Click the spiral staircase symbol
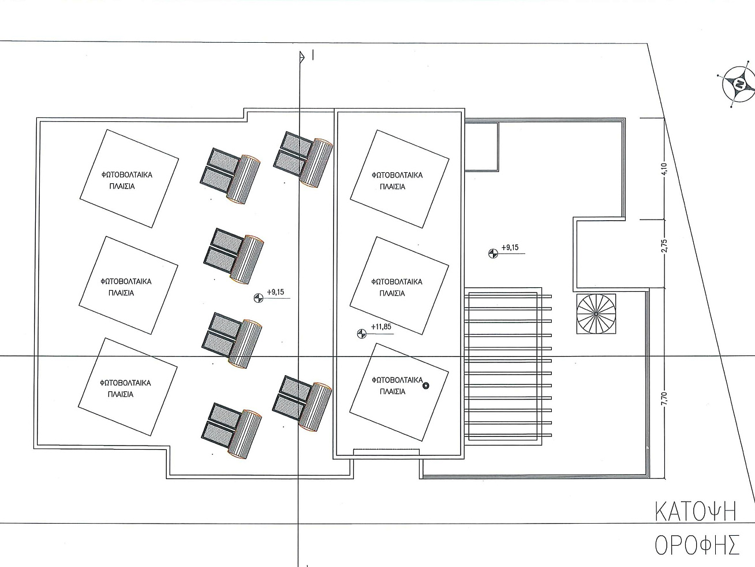tap(596, 314)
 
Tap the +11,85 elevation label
tap(381, 327)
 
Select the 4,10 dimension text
tap(664, 169)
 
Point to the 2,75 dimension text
tap(664, 246)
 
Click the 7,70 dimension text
tap(664, 399)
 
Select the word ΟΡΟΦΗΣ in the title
tap(697, 544)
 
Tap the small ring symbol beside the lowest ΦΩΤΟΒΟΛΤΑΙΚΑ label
tap(426, 386)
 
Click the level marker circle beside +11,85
tap(361, 333)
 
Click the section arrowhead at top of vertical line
tap(302, 57)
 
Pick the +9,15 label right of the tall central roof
tap(510, 247)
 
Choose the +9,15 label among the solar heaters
tap(275, 292)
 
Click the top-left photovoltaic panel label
tap(126, 181)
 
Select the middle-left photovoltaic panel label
tap(126, 287)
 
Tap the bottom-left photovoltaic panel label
tap(125, 388)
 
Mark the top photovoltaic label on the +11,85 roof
tap(397, 181)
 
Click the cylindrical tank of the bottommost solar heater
tap(245, 434)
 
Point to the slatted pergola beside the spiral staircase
tap(508, 366)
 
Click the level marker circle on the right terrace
tap(493, 253)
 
